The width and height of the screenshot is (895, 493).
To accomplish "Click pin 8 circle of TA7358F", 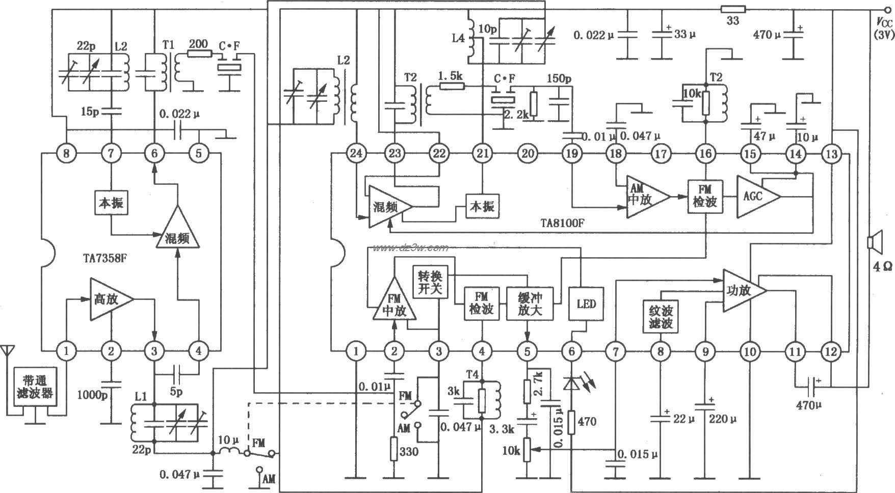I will pyautogui.click(x=66, y=153).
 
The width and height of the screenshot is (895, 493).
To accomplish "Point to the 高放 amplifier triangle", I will pyautogui.click(x=110, y=299).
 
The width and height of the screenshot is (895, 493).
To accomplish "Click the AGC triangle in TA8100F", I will pyautogui.click(x=757, y=197).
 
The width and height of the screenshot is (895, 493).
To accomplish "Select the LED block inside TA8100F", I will pyautogui.click(x=586, y=305).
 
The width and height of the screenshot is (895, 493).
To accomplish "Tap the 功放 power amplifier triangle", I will pyautogui.click(x=742, y=291).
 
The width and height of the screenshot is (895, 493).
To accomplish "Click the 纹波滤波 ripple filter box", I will pyautogui.click(x=661, y=317).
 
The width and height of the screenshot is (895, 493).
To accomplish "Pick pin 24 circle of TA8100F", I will pyautogui.click(x=356, y=153).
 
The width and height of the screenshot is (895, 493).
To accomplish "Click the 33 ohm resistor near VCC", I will pyautogui.click(x=733, y=9).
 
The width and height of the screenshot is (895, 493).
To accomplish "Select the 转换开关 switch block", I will pyautogui.click(x=431, y=283).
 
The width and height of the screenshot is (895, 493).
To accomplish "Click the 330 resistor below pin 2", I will pyautogui.click(x=393, y=449).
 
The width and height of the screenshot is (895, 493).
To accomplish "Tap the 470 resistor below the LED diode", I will pyautogui.click(x=572, y=422).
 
